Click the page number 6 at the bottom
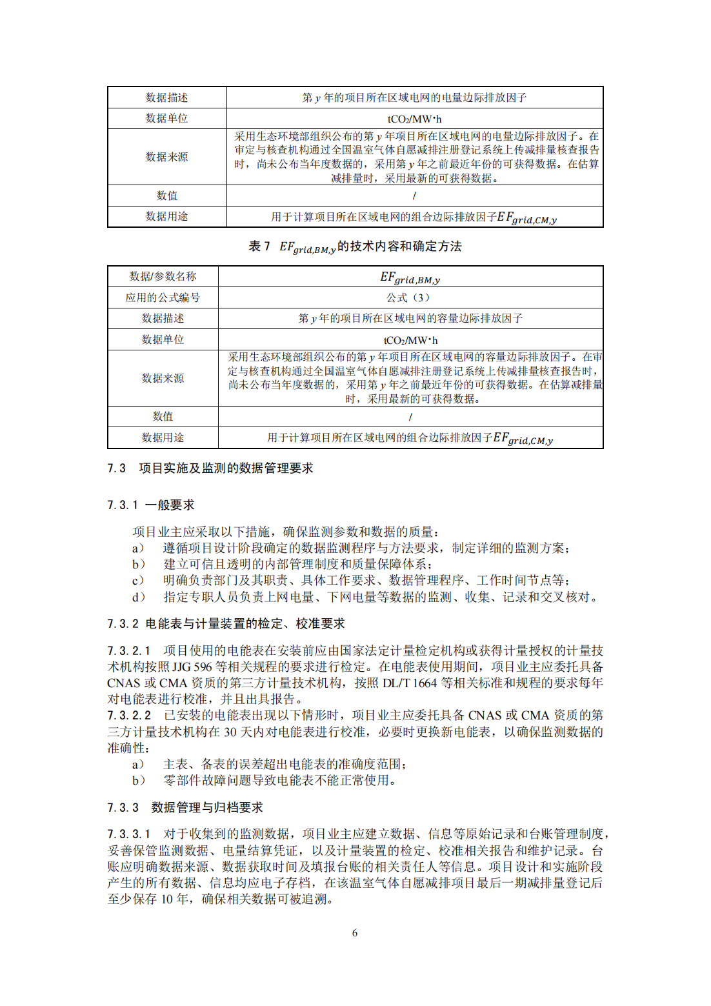click(x=355, y=933)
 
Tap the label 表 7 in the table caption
click(x=259, y=246)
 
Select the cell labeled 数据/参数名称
click(x=163, y=277)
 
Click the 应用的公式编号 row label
click(x=163, y=297)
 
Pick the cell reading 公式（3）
click(x=410, y=297)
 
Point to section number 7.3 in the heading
click(x=116, y=468)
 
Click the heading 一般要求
click(x=170, y=505)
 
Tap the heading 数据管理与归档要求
click(x=207, y=808)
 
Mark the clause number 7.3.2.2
click(x=129, y=716)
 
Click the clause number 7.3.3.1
click(x=129, y=834)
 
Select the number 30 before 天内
click(x=230, y=732)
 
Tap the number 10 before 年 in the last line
click(x=167, y=900)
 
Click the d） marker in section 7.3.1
click(x=139, y=598)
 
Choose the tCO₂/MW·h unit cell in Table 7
click(x=410, y=340)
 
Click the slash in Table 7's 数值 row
click(x=410, y=417)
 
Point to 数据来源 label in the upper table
click(x=166, y=157)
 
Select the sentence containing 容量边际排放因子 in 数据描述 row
click(x=410, y=319)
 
